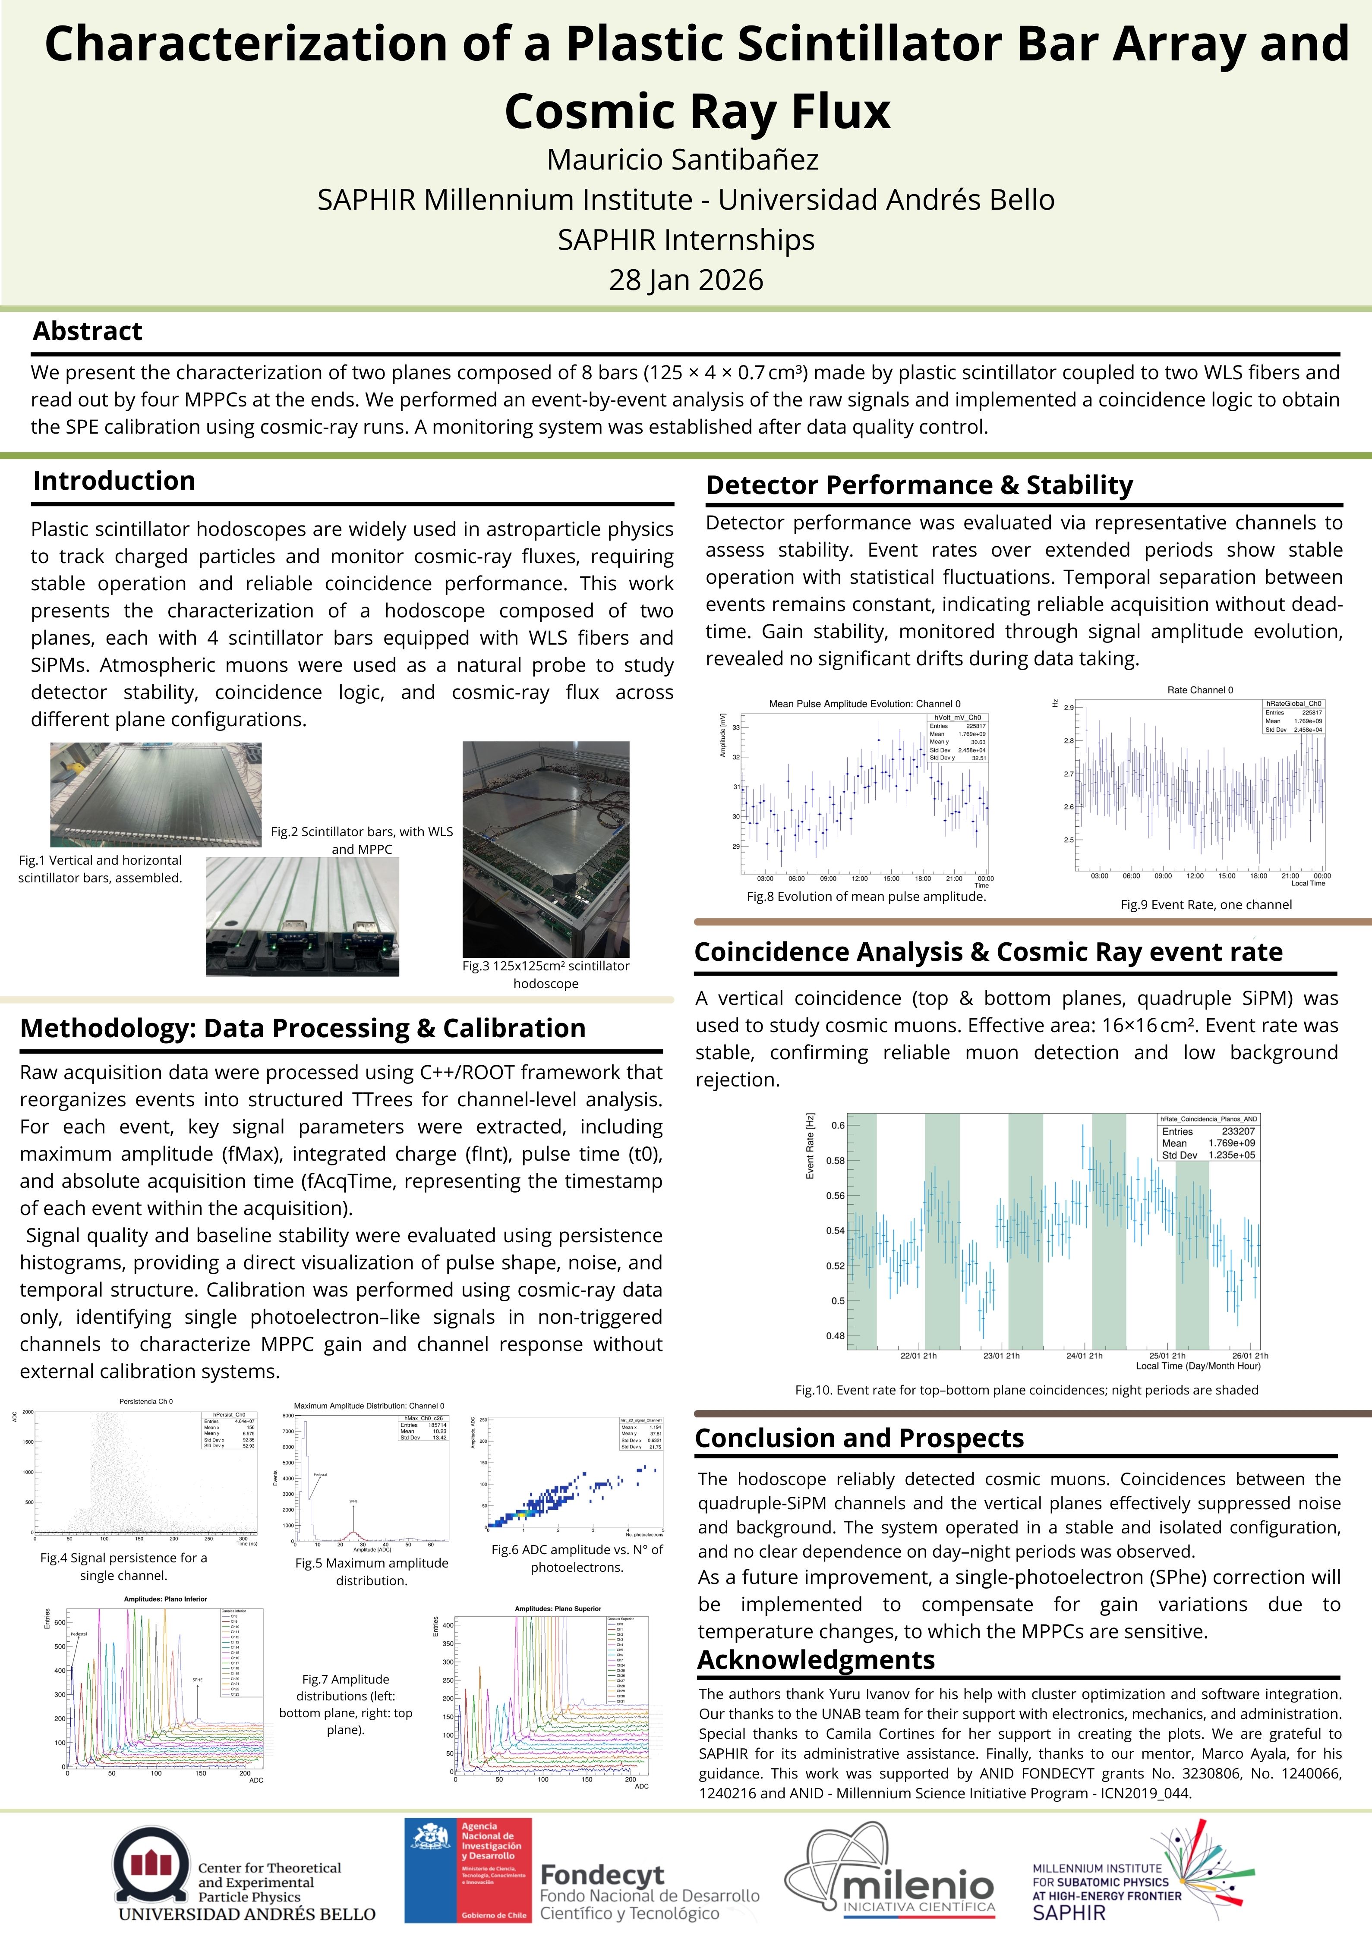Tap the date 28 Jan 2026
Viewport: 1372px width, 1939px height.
click(x=686, y=280)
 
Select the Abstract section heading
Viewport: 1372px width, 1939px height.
click(x=88, y=331)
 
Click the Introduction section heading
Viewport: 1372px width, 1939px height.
click(x=114, y=481)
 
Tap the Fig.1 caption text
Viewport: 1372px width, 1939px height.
click(x=101, y=868)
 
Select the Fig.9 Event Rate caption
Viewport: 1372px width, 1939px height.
click(x=1205, y=904)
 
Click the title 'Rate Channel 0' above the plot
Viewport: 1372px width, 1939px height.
click(x=1200, y=690)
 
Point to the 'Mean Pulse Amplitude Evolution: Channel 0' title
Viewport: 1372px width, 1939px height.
click(x=864, y=703)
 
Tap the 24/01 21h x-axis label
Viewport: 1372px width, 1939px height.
click(x=1084, y=1355)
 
